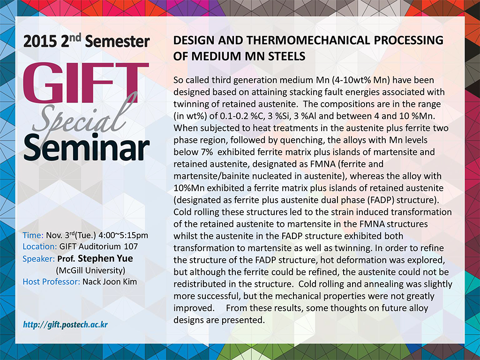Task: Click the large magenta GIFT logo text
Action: (86, 82)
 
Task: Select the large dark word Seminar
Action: (87, 148)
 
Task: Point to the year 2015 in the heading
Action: (40, 42)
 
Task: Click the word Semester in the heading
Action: (118, 42)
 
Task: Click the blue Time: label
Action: (33, 235)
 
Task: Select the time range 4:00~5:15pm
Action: (123, 235)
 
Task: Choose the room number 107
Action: (131, 247)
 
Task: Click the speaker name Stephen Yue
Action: (105, 258)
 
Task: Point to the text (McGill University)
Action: (90, 270)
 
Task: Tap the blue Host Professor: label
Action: (52, 282)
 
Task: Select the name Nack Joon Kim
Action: (110, 282)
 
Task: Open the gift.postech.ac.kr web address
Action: (66, 324)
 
